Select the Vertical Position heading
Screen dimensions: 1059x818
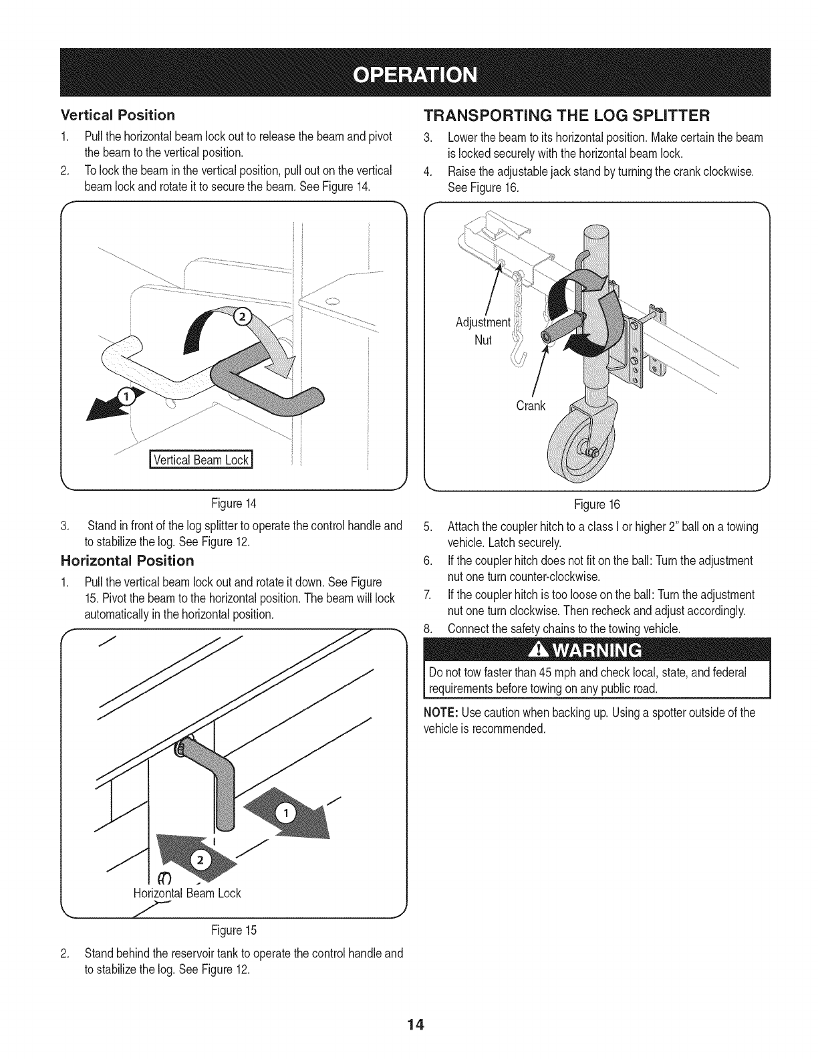118,115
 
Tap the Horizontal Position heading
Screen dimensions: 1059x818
127,560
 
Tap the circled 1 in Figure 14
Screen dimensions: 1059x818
124,398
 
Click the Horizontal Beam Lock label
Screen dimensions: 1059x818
187,893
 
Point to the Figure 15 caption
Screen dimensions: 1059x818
233,931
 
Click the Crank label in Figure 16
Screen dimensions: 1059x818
531,406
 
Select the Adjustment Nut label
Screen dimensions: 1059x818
483,331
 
